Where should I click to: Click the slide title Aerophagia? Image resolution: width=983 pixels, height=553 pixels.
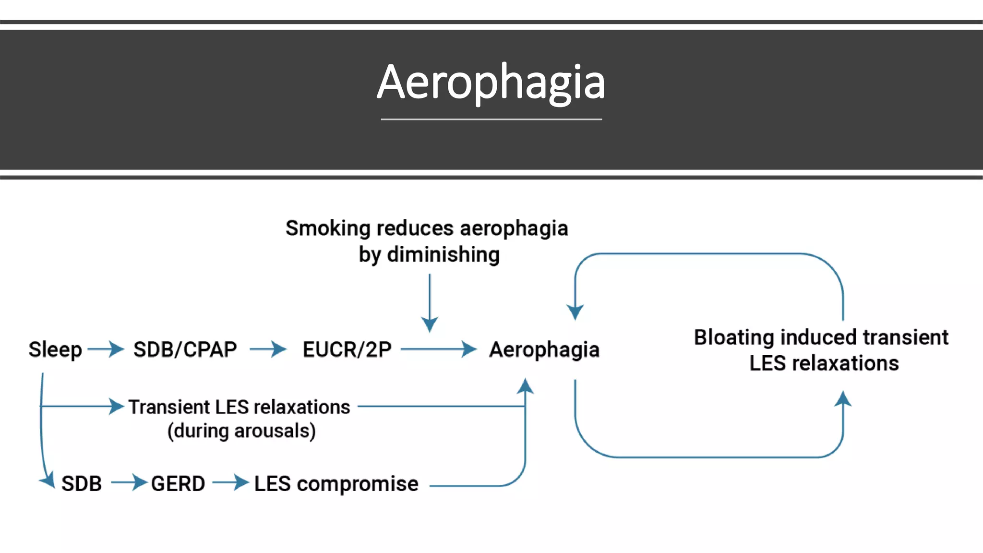coord(491,83)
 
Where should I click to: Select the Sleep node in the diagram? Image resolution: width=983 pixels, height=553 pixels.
coord(55,349)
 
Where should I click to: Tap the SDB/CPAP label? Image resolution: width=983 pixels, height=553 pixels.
coord(185,349)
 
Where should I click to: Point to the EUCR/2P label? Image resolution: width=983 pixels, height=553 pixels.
coord(347,349)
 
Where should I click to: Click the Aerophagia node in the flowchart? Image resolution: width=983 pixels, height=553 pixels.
coord(544,349)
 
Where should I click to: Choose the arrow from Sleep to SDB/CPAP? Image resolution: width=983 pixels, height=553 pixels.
coord(106,349)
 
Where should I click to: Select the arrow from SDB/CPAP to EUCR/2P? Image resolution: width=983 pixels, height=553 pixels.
coord(268,349)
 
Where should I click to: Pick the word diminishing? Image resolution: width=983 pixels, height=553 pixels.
coord(443,254)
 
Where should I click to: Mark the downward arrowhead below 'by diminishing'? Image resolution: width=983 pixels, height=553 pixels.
coord(430,324)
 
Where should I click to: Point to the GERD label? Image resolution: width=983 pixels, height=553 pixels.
coord(178,483)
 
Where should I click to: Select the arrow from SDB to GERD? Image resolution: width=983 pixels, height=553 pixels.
coord(129,482)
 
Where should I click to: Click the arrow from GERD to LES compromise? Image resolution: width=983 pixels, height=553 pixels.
coord(230,482)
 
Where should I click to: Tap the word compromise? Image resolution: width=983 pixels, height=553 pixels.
coord(358,484)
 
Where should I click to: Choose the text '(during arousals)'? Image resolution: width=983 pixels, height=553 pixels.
coord(241,431)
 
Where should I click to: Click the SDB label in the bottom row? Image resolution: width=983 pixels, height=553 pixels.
coord(82,483)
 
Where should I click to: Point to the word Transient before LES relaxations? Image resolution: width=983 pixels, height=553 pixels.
coord(169,407)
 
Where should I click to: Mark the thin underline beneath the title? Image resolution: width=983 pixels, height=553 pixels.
coord(491,119)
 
